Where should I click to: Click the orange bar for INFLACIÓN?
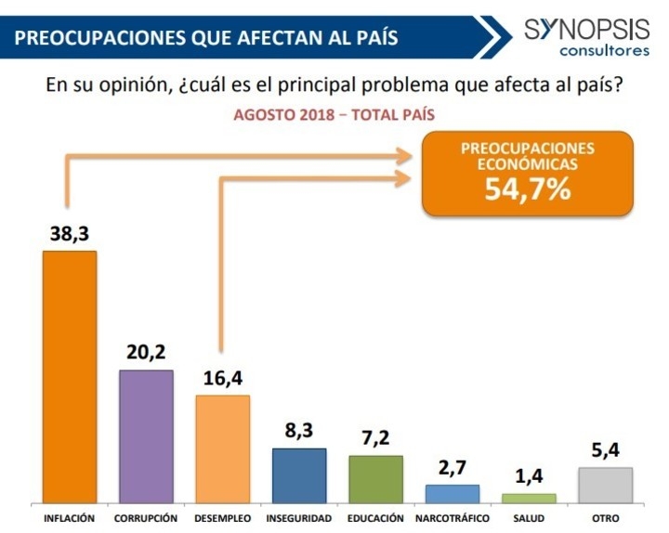click(70, 376)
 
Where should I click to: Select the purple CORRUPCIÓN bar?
click(146, 435)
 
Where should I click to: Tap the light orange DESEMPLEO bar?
click(222, 448)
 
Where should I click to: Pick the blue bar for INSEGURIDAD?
click(299, 475)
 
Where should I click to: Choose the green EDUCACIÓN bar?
click(375, 479)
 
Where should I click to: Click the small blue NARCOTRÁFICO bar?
click(453, 493)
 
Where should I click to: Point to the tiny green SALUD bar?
click(529, 498)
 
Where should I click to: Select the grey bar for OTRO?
click(605, 485)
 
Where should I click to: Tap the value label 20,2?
click(146, 354)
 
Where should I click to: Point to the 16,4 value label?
click(222, 379)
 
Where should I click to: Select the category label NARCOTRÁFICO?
click(453, 518)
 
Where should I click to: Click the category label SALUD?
click(529, 518)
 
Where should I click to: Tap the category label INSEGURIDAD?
click(299, 518)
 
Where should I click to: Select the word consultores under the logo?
click(605, 50)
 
